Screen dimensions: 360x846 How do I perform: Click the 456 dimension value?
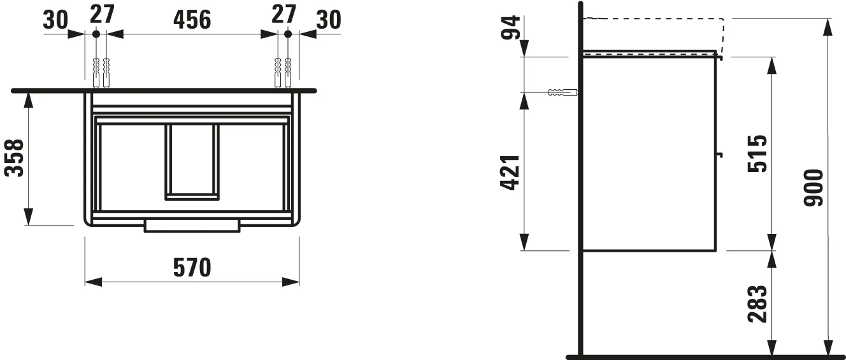[x=192, y=20]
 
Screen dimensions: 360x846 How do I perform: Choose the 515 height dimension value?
[x=758, y=154]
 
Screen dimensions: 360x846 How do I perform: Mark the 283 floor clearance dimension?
[x=758, y=303]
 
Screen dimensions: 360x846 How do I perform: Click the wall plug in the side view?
[x=561, y=92]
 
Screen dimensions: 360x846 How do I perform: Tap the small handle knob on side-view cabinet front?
[x=720, y=154]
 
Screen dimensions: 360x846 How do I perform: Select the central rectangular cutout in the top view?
[x=192, y=162]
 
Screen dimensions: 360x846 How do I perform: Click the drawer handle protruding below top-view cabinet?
[x=192, y=226]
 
